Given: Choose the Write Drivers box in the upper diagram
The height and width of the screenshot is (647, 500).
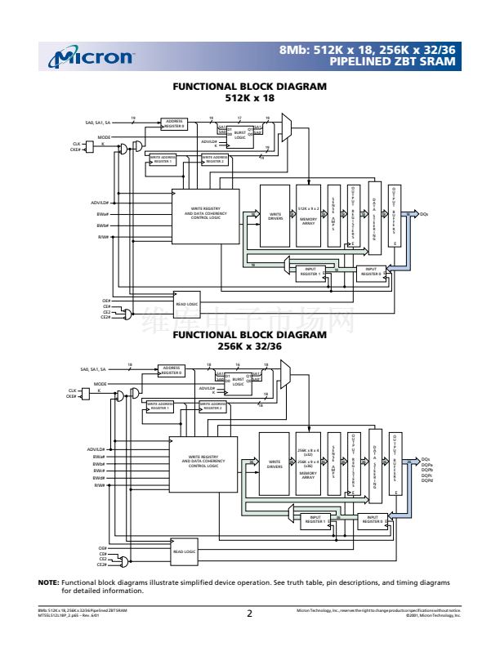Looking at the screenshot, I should [275, 216].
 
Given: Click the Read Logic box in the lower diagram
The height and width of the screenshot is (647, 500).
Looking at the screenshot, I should [184, 551].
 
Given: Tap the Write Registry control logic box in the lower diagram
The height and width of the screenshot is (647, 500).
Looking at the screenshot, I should [203, 462].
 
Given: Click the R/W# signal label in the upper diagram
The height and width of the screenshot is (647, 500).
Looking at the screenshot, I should [103, 237].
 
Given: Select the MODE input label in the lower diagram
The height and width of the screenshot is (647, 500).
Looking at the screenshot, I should [100, 383].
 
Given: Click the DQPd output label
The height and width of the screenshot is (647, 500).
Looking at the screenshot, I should [427, 480].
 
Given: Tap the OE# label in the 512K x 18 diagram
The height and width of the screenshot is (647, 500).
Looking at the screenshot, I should [105, 301].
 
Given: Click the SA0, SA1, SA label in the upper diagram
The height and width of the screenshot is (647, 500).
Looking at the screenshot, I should [103, 124].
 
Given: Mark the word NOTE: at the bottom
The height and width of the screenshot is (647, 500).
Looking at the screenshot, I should [48, 582].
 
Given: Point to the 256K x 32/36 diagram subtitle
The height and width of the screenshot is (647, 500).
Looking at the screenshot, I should [250, 345].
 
